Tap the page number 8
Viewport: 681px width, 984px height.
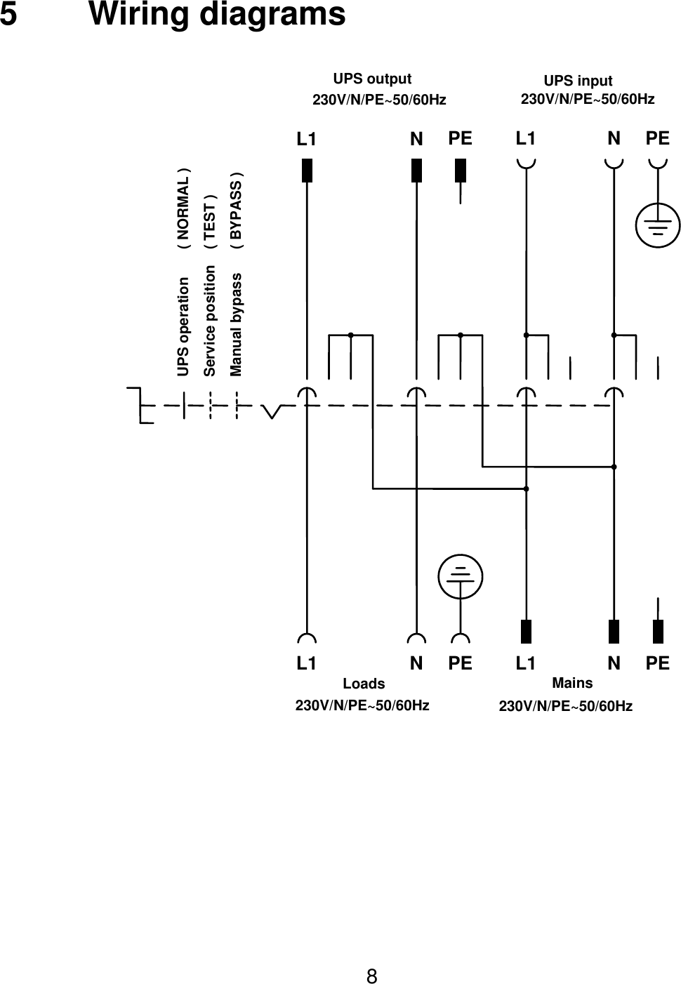(372, 976)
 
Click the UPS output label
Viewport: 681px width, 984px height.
(372, 79)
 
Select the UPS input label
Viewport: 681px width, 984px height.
(578, 81)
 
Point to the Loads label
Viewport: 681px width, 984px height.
(364, 684)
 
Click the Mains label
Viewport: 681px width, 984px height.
(572, 683)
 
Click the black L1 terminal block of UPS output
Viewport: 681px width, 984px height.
(307, 171)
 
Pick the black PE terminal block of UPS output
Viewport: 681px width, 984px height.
(461, 171)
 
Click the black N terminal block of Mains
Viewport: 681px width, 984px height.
(614, 632)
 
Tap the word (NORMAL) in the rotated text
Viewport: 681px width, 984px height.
(183, 209)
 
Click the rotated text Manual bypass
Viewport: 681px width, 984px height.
(237, 324)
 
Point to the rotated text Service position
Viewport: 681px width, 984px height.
(209, 320)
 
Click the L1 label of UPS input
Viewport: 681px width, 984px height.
(525, 138)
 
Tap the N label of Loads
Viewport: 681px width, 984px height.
(416, 663)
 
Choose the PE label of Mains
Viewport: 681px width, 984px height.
(658, 663)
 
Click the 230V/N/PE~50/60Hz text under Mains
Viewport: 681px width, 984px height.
(565, 706)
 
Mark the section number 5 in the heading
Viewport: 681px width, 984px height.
(8, 15)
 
